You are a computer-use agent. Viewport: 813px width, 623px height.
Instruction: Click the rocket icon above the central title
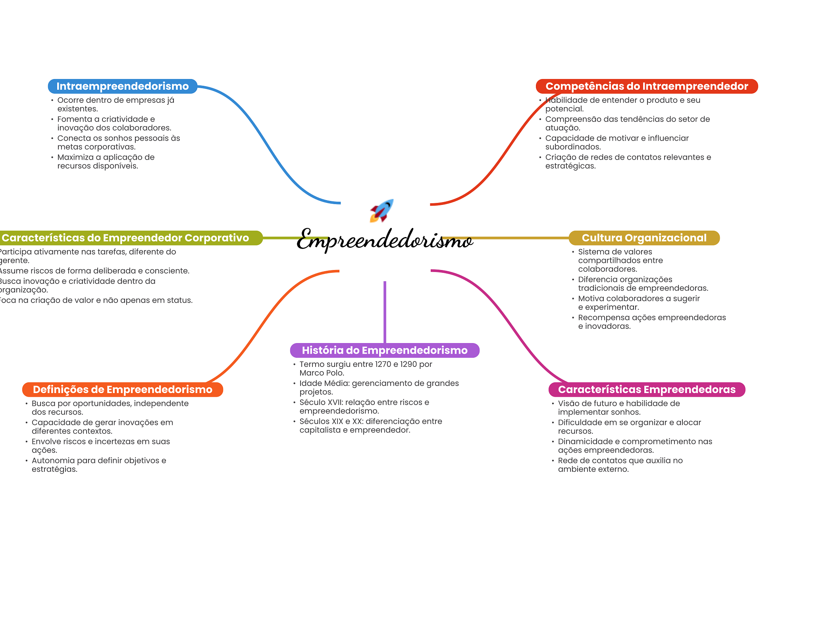click(381, 210)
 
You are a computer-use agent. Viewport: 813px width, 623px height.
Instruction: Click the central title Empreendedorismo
click(384, 239)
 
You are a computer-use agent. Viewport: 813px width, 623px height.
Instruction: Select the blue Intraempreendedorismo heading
click(122, 86)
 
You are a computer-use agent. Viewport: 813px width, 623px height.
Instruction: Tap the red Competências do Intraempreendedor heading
click(646, 86)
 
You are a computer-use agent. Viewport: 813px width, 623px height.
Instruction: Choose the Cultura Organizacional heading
click(644, 238)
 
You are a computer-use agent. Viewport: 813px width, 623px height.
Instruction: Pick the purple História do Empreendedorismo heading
click(384, 350)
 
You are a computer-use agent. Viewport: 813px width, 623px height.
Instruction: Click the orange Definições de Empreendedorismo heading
click(122, 390)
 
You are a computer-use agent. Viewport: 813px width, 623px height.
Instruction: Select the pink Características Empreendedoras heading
click(646, 390)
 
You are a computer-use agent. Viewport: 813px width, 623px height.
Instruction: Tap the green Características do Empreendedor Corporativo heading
click(125, 238)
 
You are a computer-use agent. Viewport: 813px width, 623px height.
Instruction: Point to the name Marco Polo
click(321, 373)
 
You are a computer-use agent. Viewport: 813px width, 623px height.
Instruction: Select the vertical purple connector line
click(385, 312)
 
